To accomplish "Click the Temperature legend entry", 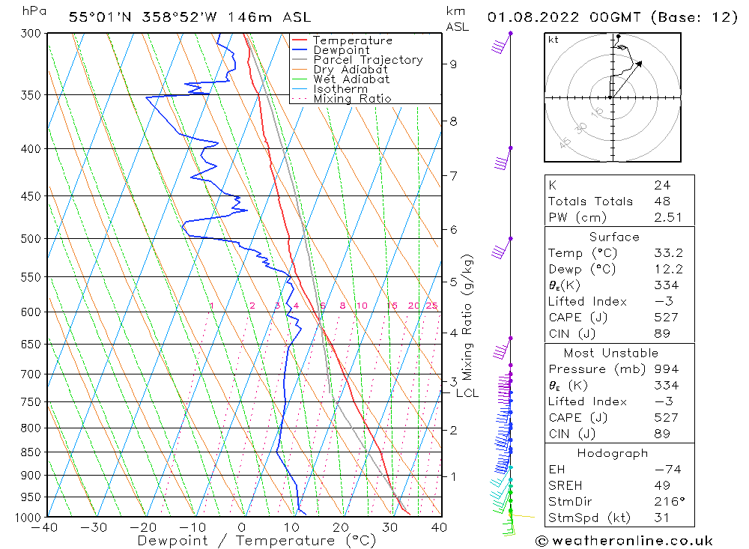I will (x=352, y=40).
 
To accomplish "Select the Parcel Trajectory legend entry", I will (x=368, y=60).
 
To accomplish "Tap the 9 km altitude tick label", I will (x=453, y=64).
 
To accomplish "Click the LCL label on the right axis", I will (x=467, y=393).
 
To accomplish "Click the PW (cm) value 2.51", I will (x=666, y=217).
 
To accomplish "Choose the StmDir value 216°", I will (x=666, y=502).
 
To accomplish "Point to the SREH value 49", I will (x=661, y=486).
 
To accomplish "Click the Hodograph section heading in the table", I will (x=613, y=454).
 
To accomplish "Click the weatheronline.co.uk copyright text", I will (x=624, y=541).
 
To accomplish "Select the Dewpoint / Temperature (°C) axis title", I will (x=257, y=540).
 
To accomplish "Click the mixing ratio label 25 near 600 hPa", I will (x=431, y=306).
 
